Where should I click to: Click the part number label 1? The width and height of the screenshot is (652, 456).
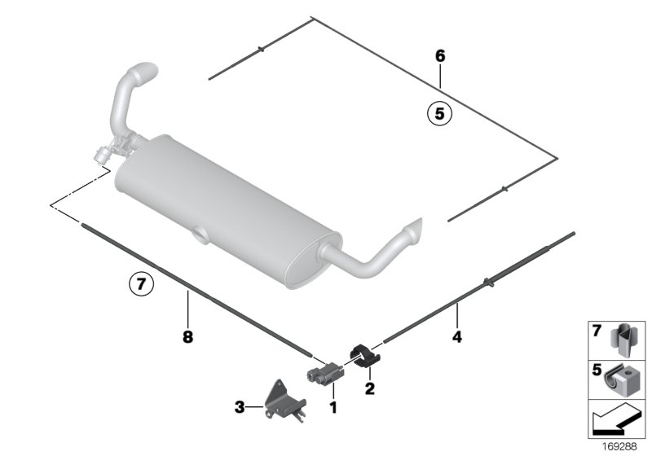[x=333, y=405]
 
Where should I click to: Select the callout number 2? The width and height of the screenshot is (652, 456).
[x=369, y=388]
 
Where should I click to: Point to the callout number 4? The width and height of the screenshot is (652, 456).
[x=457, y=335]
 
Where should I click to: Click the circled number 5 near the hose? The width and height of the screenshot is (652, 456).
[x=438, y=115]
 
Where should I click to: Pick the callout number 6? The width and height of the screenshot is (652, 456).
[x=440, y=56]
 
